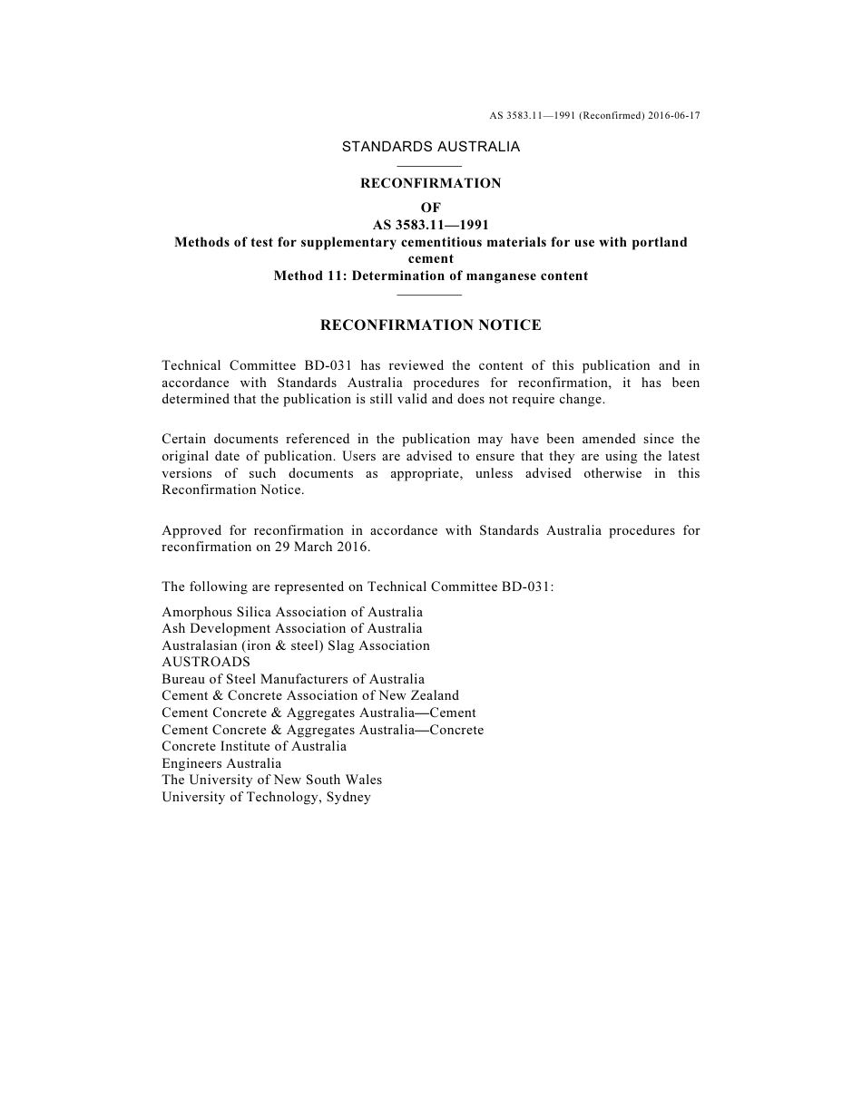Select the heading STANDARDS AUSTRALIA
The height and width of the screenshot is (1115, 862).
point(431,146)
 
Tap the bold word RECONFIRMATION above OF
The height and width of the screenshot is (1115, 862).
point(431,183)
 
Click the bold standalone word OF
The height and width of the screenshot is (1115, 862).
point(431,208)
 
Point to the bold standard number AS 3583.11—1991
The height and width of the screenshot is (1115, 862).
point(431,225)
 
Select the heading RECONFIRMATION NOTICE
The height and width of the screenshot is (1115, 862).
point(431,325)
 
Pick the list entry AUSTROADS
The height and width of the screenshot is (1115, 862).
point(206,662)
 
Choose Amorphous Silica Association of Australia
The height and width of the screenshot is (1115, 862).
point(292,612)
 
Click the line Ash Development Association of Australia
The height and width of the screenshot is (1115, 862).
point(292,628)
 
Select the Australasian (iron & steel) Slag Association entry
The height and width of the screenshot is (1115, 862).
point(296,645)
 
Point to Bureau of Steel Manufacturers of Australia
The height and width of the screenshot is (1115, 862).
point(293,679)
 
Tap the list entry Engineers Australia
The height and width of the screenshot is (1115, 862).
point(221,763)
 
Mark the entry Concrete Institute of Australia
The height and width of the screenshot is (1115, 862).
point(254,746)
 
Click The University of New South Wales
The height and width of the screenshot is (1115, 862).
point(272,780)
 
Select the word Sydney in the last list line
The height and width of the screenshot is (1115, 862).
point(348,797)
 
